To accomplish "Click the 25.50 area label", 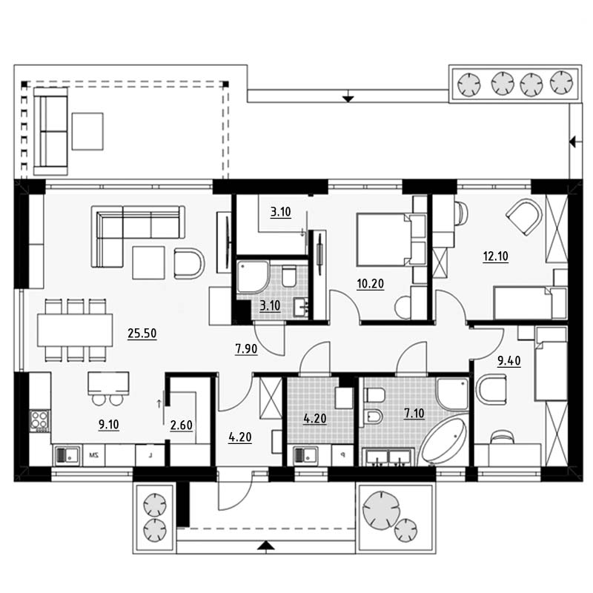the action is [x=142, y=333].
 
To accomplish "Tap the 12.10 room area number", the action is [x=495, y=256].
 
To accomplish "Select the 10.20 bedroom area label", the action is [x=370, y=284].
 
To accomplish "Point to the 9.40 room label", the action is [x=509, y=361].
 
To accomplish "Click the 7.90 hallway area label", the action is [x=246, y=348].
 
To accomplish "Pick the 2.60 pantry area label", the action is [x=181, y=425].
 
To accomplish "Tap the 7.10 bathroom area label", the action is [x=414, y=413].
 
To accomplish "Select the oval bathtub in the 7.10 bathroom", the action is [x=443, y=441].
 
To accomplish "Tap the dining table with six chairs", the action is [x=75, y=330].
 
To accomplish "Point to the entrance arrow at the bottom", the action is [x=266, y=545].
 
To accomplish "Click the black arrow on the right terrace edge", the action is [x=576, y=142].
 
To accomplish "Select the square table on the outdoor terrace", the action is [x=87, y=131].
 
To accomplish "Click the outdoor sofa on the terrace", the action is [x=50, y=131].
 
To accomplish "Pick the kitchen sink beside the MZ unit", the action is [x=67, y=455].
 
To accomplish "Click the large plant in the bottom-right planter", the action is [x=381, y=511].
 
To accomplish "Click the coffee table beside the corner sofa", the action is [x=148, y=263].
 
